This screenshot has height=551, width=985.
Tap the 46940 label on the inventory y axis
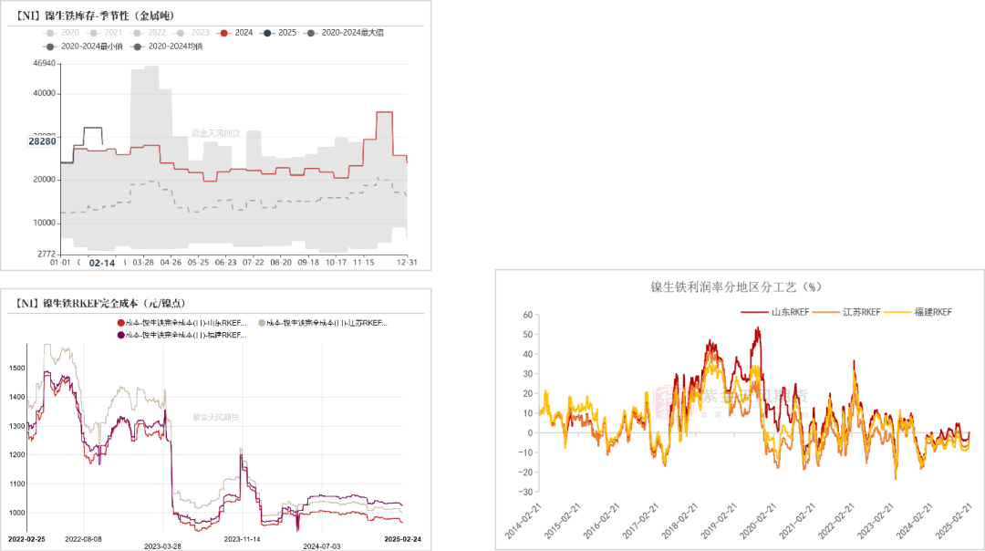(x=43, y=64)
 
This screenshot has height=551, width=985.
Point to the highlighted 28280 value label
(x=42, y=141)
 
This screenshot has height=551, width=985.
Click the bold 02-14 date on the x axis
(x=102, y=263)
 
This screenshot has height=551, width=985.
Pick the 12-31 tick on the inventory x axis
(x=406, y=263)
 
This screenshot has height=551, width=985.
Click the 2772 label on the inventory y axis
(x=45, y=254)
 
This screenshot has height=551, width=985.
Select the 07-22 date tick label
(x=253, y=263)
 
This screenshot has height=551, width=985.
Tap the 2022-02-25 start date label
(x=27, y=539)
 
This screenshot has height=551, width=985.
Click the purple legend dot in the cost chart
(x=120, y=335)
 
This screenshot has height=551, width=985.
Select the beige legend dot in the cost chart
(x=263, y=323)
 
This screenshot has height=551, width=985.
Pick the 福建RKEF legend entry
(x=931, y=312)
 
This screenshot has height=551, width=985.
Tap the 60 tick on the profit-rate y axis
(x=527, y=315)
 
